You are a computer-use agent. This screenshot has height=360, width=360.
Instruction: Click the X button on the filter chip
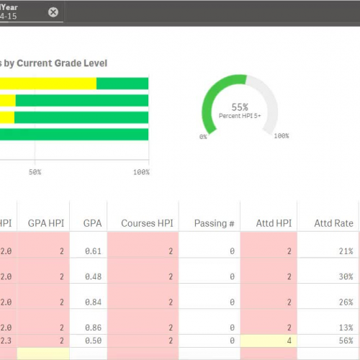(53, 12)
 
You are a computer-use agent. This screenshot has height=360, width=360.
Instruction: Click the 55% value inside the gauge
(240, 104)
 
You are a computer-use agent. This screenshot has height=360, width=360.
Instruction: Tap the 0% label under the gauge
(203, 136)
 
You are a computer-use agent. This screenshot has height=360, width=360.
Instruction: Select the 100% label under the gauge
(282, 136)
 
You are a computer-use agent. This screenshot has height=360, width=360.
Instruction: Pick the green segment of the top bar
(122, 84)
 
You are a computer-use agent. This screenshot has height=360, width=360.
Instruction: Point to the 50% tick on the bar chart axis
(35, 172)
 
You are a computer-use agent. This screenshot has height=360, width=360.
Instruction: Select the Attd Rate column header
(333, 223)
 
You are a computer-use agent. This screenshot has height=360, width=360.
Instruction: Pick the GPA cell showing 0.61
(91, 251)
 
